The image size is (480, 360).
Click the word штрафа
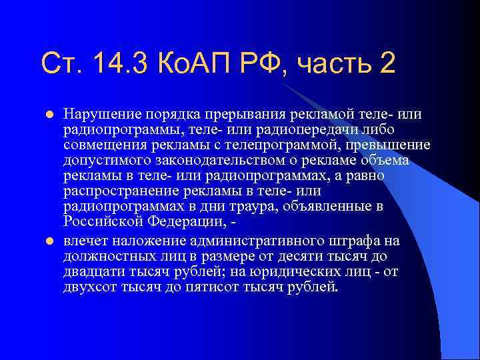pyautogui.click(x=348, y=241)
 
